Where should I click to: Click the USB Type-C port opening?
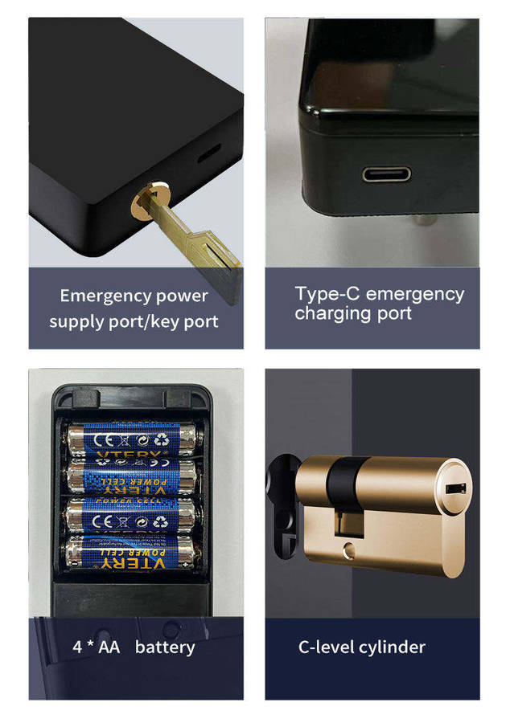click(x=386, y=174)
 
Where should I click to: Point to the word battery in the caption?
click(x=165, y=647)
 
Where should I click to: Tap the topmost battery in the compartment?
click(x=134, y=439)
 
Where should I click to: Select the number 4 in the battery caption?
click(x=77, y=647)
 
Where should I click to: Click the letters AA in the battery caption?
click(x=109, y=647)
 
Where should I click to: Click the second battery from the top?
click(x=134, y=476)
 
